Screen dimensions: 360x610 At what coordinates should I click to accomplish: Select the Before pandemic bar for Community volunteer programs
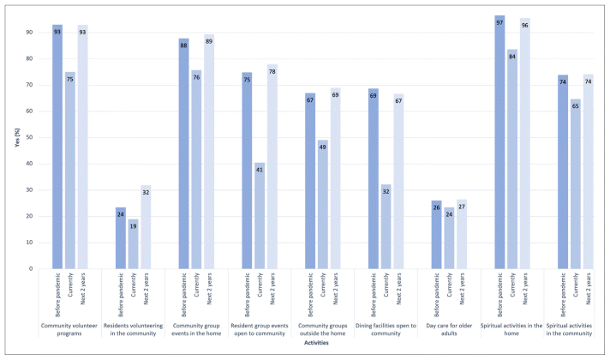tap(57, 147)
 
